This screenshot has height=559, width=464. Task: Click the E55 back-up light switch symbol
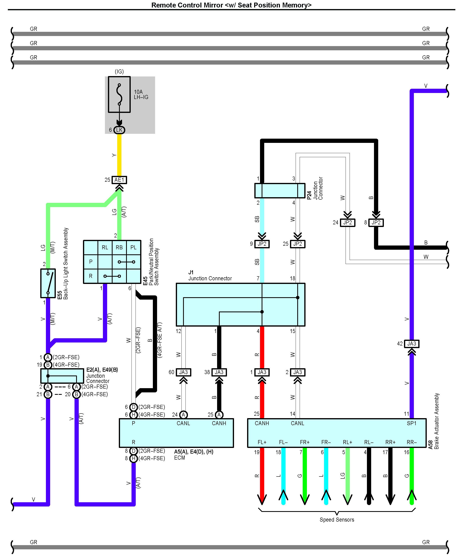pyautogui.click(x=48, y=283)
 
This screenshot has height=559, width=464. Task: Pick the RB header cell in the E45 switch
pyautogui.click(x=119, y=248)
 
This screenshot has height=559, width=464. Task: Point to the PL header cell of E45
pyautogui.click(x=134, y=248)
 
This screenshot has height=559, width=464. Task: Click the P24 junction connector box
pyautogui.click(x=280, y=191)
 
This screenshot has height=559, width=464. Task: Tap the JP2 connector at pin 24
pyautogui.click(x=348, y=223)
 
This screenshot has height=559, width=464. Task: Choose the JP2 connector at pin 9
pyautogui.click(x=262, y=244)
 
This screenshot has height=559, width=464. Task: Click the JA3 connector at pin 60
pyautogui.click(x=183, y=372)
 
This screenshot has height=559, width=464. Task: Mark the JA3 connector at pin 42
pyautogui.click(x=411, y=344)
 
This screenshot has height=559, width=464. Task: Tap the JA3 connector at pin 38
pyautogui.click(x=219, y=372)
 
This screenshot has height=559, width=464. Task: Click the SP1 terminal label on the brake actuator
pyautogui.click(x=411, y=423)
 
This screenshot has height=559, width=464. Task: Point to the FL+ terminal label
pyautogui.click(x=262, y=442)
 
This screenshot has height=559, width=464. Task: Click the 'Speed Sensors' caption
pyautogui.click(x=337, y=520)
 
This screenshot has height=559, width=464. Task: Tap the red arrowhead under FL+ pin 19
pyautogui.click(x=262, y=499)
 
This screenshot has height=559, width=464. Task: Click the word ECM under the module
pyautogui.click(x=179, y=458)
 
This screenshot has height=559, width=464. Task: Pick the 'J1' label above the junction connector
pyautogui.click(x=191, y=272)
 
